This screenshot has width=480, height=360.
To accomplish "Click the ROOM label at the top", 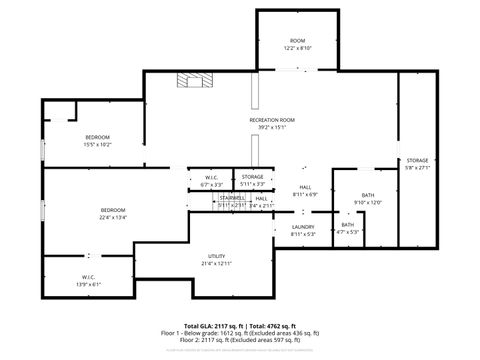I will [x=297, y=40].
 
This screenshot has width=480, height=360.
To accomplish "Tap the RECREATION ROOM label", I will [x=272, y=120].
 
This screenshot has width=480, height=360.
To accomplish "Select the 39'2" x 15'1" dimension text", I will [x=272, y=128].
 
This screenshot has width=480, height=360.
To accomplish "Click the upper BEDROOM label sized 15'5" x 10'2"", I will [x=97, y=136].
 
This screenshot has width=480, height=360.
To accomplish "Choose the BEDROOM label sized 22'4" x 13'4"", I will [x=112, y=210].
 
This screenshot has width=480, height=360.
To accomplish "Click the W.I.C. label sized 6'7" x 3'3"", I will [x=211, y=177].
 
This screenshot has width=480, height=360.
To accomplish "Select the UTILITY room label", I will [x=216, y=256].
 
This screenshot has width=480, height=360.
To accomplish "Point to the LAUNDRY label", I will [x=303, y=227].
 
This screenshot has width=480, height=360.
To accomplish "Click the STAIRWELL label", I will [x=232, y=198].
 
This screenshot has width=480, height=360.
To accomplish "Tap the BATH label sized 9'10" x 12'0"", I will [x=368, y=195].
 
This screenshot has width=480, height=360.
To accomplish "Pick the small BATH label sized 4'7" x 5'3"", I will [x=347, y=225].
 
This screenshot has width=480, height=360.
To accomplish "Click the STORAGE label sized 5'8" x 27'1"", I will [x=417, y=160].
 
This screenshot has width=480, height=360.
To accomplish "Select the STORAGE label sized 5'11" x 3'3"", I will [x=252, y=177].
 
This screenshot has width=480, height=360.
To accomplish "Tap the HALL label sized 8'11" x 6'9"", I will [x=304, y=187].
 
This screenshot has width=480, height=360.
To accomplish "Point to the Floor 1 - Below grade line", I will [x=240, y=333].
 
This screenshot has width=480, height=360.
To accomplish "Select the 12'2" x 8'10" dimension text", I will [x=297, y=48].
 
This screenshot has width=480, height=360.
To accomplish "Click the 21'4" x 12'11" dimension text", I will [x=216, y=264].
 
